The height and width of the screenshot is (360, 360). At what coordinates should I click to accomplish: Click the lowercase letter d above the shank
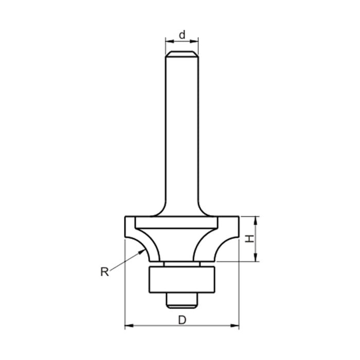[182, 35]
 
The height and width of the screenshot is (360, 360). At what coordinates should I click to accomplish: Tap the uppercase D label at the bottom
[182, 320]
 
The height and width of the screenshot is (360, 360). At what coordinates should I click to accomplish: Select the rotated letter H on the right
[249, 239]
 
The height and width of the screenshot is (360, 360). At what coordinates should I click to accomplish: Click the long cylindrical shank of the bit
[182, 129]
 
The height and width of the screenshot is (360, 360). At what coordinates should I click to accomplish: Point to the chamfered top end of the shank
[182, 53]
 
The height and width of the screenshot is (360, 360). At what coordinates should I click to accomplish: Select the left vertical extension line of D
[125, 288]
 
